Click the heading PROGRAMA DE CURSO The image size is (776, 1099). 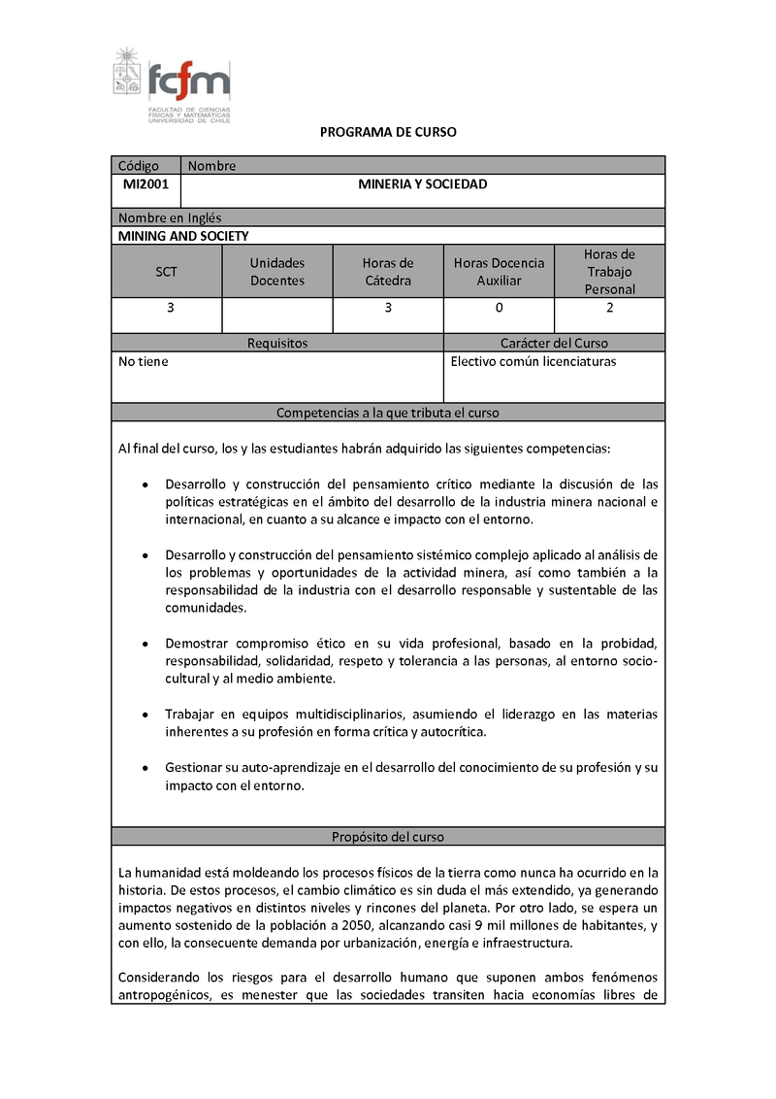coord(388,132)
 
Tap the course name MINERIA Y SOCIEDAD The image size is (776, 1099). coord(423,184)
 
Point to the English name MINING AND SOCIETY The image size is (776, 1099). coord(183,236)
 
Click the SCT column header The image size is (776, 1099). coord(167,272)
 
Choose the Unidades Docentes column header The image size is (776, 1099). coord(277,272)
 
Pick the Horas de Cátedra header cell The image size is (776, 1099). coord(388,272)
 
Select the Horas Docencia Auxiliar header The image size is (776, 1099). coord(499,272)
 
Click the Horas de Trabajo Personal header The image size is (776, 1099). coord(609,272)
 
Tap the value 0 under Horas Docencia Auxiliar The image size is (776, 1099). coord(499,309)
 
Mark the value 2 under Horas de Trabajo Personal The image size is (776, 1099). coord(610,309)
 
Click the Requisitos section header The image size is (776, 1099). coord(277,344)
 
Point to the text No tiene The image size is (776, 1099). coord(143,362)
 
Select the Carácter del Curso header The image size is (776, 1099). coord(554,344)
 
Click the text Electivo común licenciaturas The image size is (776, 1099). coord(533,362)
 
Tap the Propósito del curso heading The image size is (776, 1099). coord(388,837)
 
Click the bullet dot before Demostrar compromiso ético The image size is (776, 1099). coord(145,644)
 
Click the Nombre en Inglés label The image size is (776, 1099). coord(170,218)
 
